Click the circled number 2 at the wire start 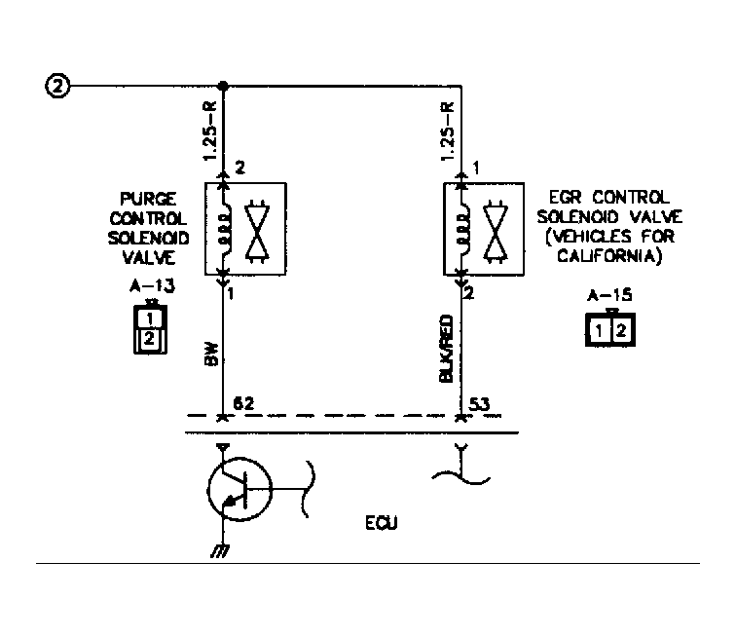(57, 87)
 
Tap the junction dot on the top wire (224, 86)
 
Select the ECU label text (382, 523)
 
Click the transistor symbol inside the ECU (239, 489)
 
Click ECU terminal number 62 (243, 403)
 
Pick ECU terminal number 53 (479, 404)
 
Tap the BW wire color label (211, 355)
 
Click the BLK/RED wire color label (447, 348)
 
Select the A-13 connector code (152, 285)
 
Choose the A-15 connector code (609, 295)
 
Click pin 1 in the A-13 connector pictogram (150, 318)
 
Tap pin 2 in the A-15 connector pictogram (621, 331)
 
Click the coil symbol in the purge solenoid (226, 229)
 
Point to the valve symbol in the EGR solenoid (496, 230)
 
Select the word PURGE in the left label (148, 199)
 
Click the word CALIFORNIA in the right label (609, 255)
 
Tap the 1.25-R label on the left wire (210, 131)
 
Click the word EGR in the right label (565, 197)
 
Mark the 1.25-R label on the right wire (448, 131)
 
